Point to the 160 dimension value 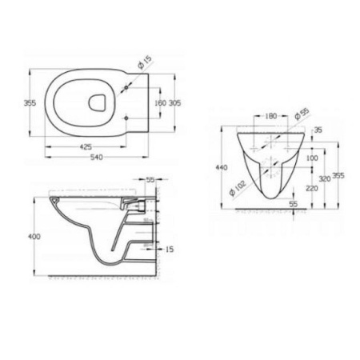[x=158, y=102]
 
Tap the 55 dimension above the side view [x=150, y=181]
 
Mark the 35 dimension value [x=318, y=130]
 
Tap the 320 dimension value [x=324, y=179]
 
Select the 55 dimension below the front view [x=293, y=205]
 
